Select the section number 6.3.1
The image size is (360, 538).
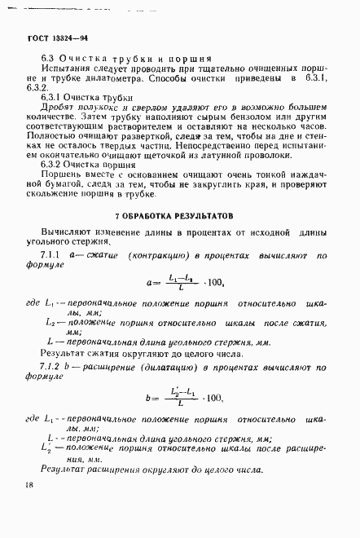[52, 96]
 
